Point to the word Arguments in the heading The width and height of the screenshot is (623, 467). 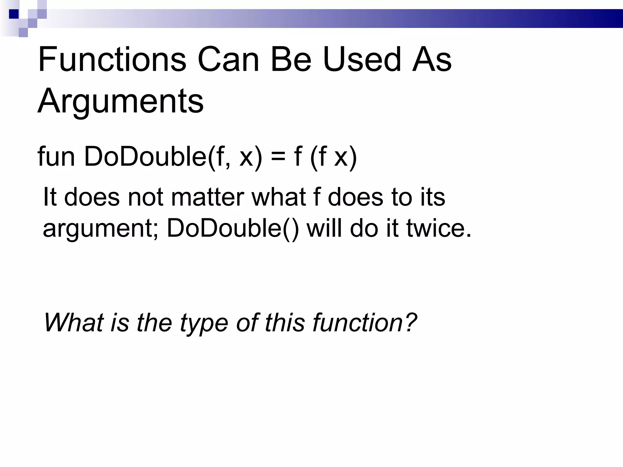120,101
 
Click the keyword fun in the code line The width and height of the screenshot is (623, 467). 56,157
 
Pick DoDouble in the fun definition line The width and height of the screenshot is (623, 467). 145,157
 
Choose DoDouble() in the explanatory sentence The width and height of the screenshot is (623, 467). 232,229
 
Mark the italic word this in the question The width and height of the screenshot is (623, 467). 284,323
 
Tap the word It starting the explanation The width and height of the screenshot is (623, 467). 50,197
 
